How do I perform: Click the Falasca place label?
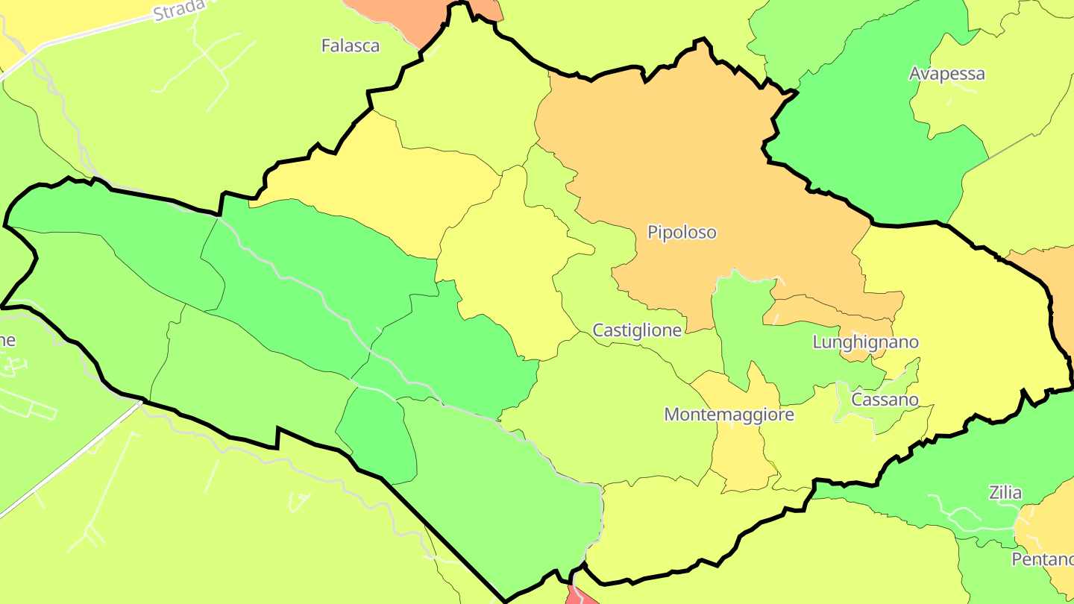350,45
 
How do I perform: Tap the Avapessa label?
946,74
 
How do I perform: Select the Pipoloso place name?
682,233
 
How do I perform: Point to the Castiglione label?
637,330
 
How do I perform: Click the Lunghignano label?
865,342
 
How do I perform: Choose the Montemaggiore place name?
729,415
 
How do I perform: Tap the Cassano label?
885,400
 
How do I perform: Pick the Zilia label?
1005,493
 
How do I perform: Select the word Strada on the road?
179,10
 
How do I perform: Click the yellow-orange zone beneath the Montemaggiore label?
738,455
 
